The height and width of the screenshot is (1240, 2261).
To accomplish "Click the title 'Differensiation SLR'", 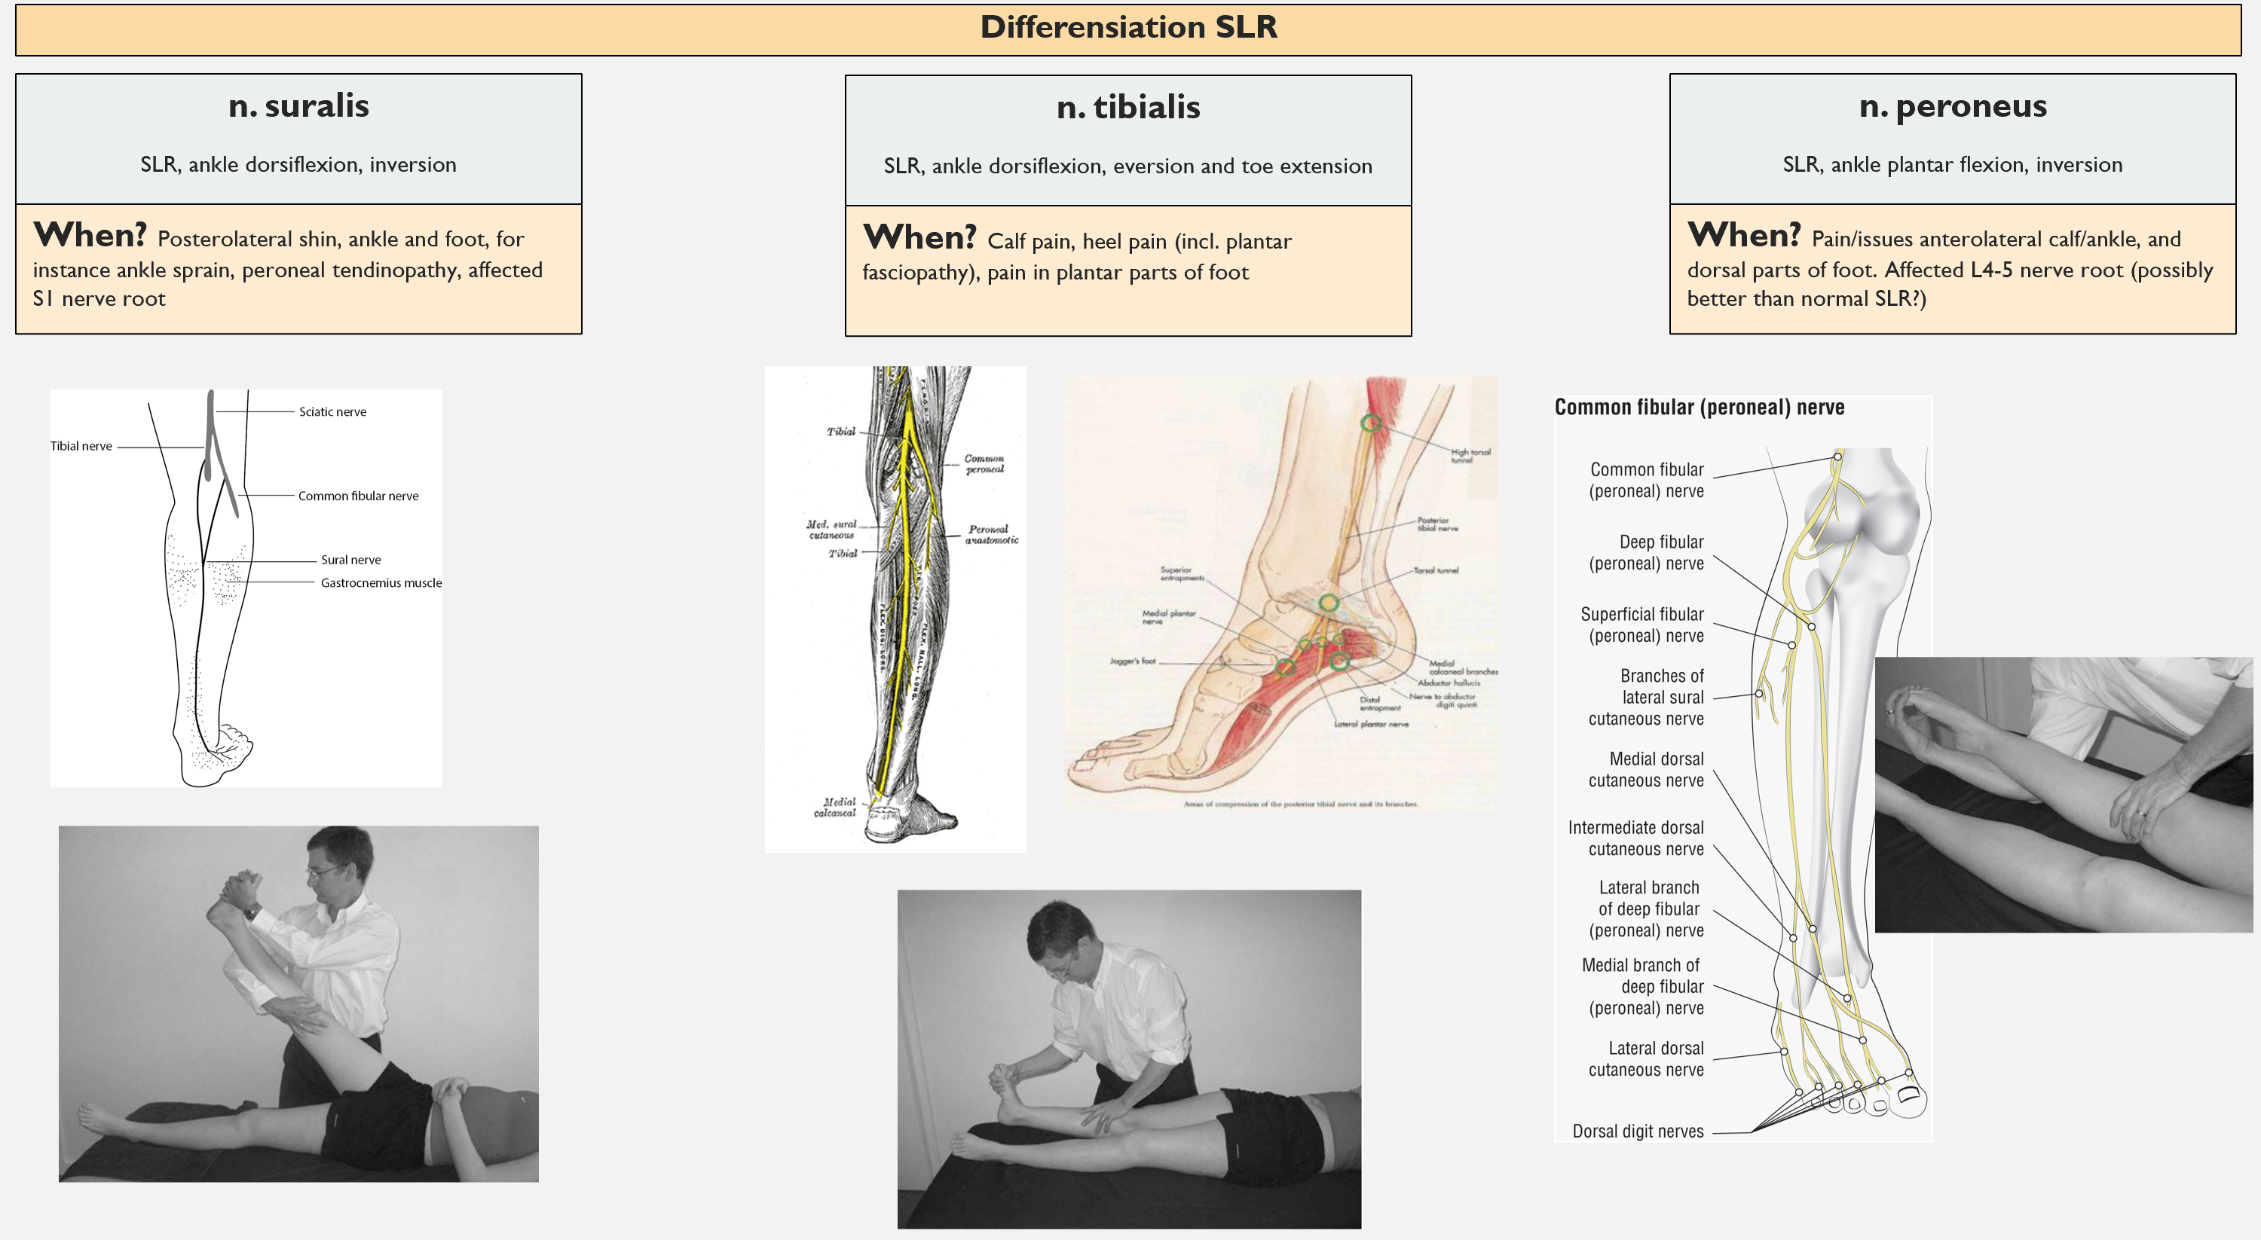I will point(1128,28).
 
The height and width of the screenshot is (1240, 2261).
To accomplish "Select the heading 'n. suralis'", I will point(298,106).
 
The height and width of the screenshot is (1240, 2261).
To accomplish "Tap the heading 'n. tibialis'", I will point(1128,108).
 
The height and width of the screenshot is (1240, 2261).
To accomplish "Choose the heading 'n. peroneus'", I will point(1952,106).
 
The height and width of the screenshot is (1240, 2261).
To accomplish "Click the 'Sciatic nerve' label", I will point(332,411).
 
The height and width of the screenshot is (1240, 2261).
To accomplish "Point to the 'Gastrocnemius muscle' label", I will point(381,582).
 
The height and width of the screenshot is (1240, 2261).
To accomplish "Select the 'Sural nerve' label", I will point(350,560).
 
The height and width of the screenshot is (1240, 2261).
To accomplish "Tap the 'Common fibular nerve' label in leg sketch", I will point(358,496).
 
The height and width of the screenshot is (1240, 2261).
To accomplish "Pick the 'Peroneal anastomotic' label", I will point(991,534).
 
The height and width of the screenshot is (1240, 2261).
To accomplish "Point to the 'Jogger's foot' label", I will point(1132,661).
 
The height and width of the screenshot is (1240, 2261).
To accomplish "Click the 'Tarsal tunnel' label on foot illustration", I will point(1436,570).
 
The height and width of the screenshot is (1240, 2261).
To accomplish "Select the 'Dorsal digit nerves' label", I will point(1637,1132).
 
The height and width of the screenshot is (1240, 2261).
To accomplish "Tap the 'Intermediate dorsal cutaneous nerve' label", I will point(1635,838).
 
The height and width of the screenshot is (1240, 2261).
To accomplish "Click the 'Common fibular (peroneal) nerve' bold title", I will point(1700,408).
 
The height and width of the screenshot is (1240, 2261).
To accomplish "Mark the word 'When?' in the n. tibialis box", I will point(919,238).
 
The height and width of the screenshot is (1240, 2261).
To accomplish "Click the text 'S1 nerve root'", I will point(99,299).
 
